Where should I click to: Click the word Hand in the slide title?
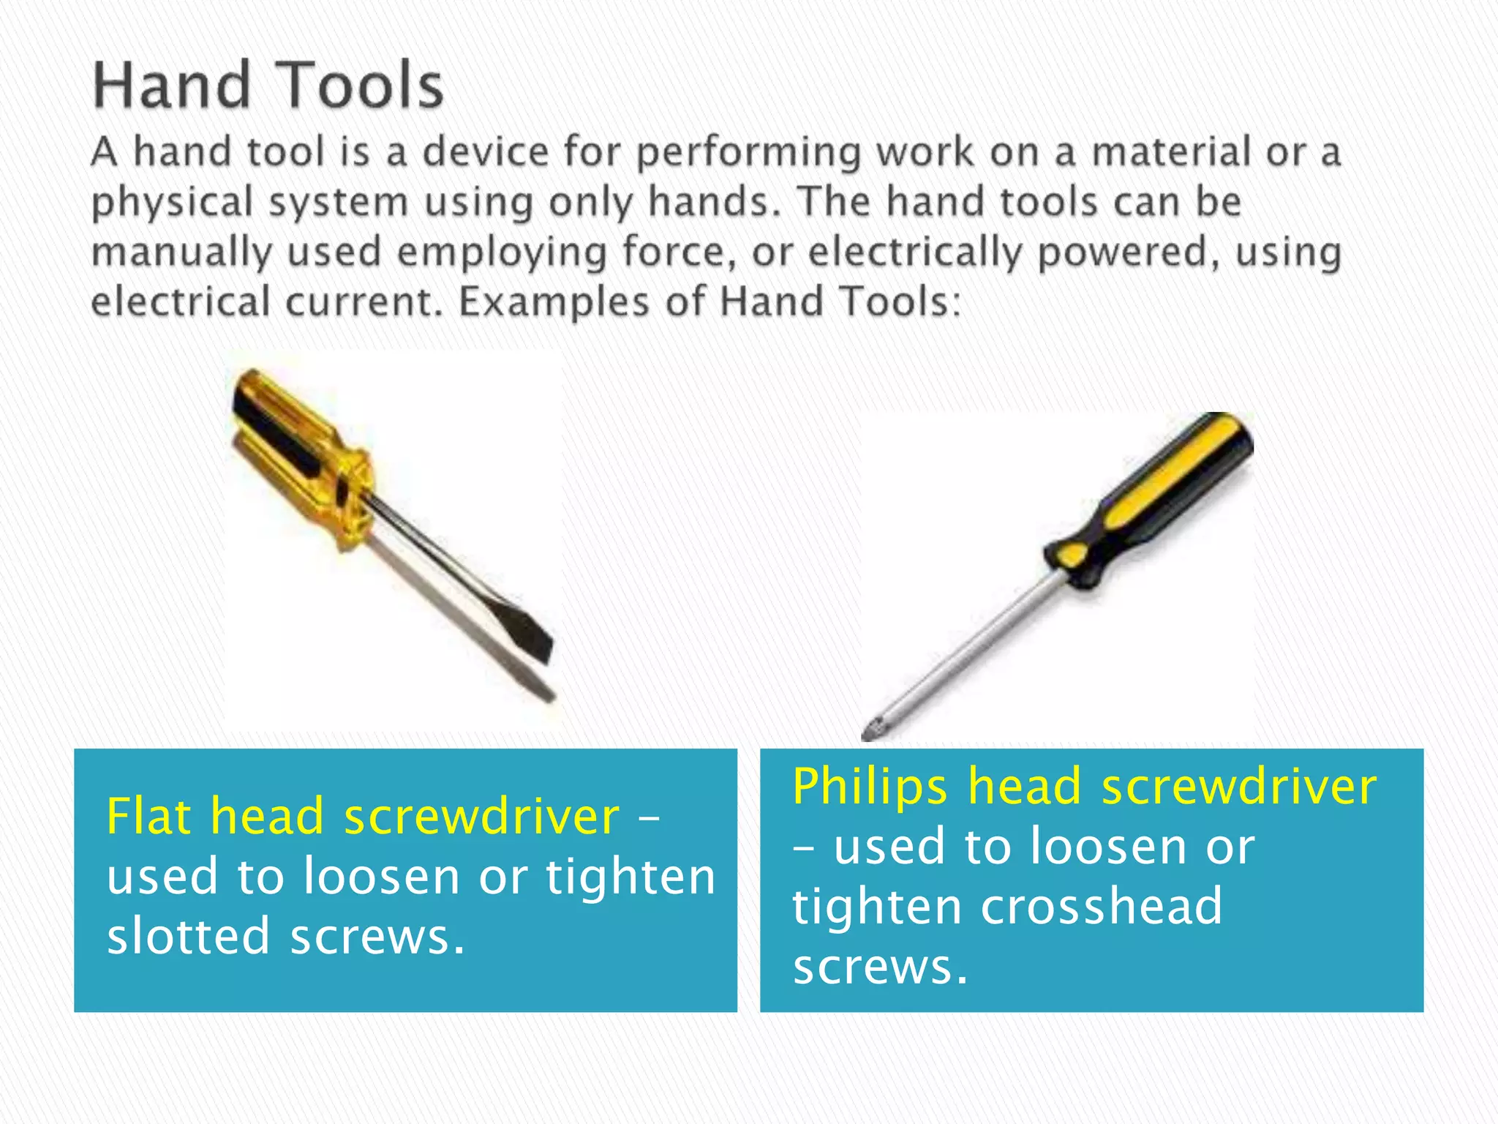point(173,86)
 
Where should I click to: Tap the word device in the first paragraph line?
point(486,152)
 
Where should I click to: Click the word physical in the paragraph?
point(173,203)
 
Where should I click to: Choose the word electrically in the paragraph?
point(915,253)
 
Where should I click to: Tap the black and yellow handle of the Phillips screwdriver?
point(1156,498)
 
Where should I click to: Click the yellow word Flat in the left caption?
point(149,816)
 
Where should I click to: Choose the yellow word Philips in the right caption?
point(870,787)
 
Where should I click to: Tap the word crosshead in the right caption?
point(1101,906)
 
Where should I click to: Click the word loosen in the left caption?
point(381,876)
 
